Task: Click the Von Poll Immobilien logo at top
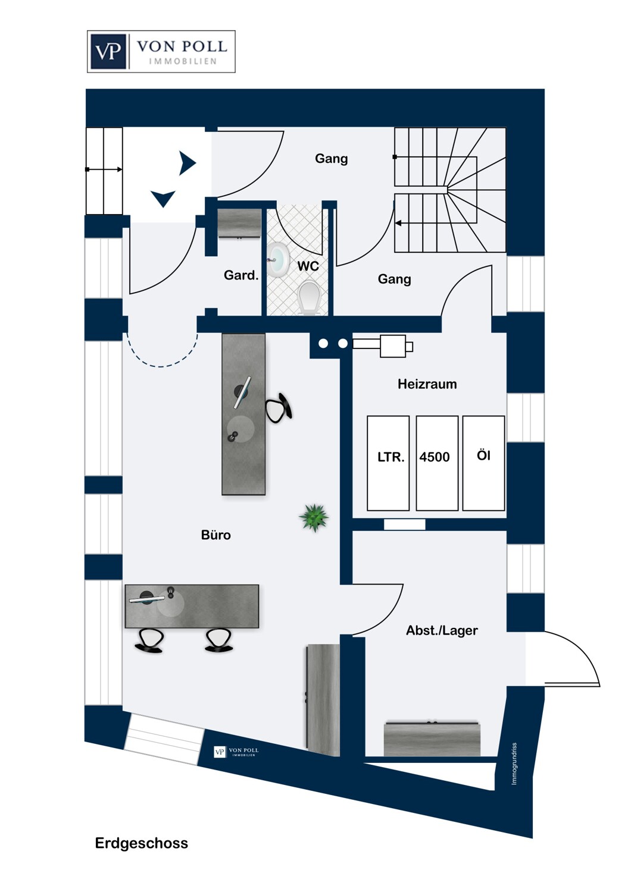coord(161,52)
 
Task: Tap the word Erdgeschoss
coord(141,843)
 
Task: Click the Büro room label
coord(215,535)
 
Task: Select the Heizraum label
coord(427,384)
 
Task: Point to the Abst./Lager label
coord(442,630)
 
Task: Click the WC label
coord(308,266)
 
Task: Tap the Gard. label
coord(240,275)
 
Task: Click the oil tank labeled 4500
coord(436,463)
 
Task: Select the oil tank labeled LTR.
coord(388,463)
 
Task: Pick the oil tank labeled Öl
coord(483,463)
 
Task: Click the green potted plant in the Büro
coord(314,517)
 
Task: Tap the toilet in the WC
coord(310,297)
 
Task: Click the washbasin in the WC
coord(277,260)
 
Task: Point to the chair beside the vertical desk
coord(278,408)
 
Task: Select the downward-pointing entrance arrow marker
coord(163,198)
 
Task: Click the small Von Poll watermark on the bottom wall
coord(236,752)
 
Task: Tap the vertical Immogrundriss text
coord(514,764)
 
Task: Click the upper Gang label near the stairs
coord(331,159)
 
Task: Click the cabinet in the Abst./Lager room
coord(432,739)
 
